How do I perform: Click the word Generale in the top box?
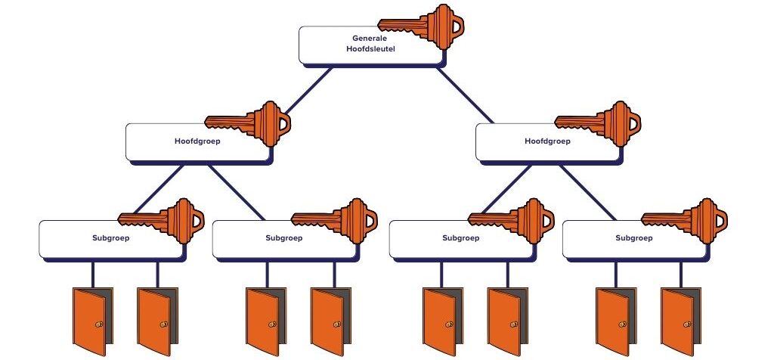[x=368, y=37]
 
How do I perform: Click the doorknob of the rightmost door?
[x=686, y=323]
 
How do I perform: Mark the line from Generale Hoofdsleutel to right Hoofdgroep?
[x=465, y=94]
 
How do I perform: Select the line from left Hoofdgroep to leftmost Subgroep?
[x=157, y=191]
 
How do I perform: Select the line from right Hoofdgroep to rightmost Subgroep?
[x=587, y=191]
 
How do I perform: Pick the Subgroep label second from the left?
[x=284, y=237]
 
